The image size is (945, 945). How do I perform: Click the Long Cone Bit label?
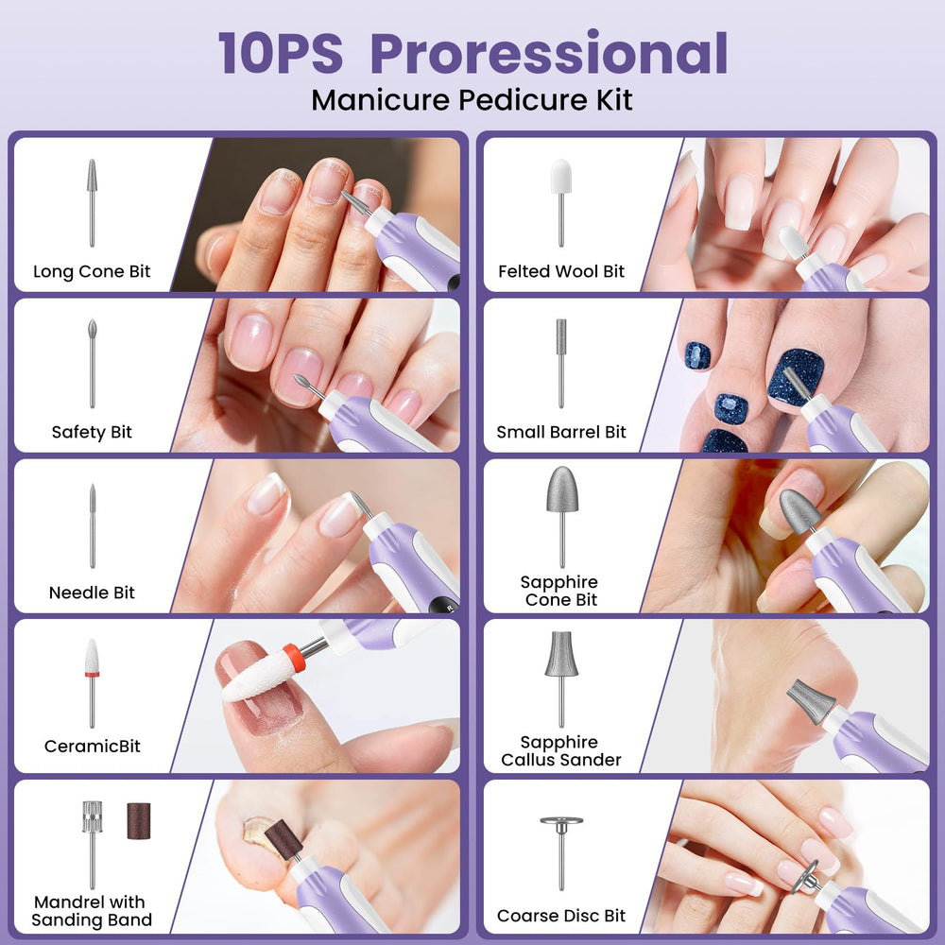click(x=92, y=272)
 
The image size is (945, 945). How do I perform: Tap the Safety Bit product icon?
click(x=93, y=364)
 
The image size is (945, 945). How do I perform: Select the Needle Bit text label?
click(x=92, y=593)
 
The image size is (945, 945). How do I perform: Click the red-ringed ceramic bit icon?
click(x=92, y=683)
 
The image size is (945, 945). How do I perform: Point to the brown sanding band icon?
click(x=138, y=821)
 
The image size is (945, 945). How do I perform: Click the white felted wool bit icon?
click(x=561, y=202)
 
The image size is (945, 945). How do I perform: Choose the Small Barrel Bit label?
click(x=561, y=432)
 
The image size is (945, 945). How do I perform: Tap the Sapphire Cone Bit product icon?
click(x=562, y=517)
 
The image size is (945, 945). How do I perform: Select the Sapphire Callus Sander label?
click(x=561, y=751)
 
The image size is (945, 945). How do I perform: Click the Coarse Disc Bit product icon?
click(x=561, y=853)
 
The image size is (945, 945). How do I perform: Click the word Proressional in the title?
click(x=549, y=54)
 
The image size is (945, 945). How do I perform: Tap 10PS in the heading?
click(x=281, y=54)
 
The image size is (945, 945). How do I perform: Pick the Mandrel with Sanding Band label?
click(x=91, y=911)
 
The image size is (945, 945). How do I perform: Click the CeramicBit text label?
click(x=93, y=747)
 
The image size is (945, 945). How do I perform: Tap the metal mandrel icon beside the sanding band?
click(x=93, y=844)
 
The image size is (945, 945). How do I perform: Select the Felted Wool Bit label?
click(x=561, y=272)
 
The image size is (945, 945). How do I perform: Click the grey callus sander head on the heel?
click(x=810, y=701)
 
